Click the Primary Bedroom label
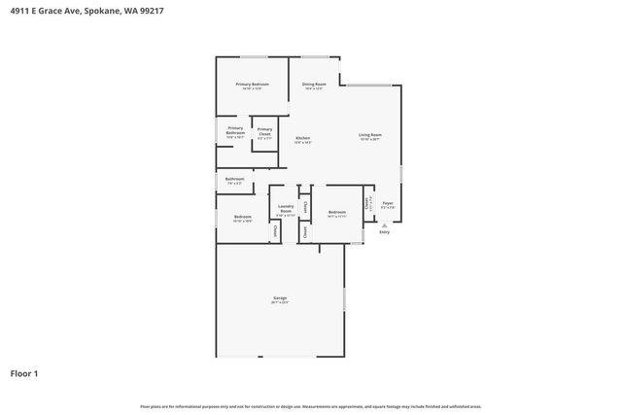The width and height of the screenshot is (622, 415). point(252,85)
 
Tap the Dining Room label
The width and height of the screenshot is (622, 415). point(314,85)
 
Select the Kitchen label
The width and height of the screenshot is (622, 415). point(302,138)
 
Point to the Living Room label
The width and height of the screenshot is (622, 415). point(369,135)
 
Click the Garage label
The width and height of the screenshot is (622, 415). point(279,298)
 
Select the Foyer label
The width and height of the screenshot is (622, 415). point(387,204)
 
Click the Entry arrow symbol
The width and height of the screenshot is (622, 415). point(384,225)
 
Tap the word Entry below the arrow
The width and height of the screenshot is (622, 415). point(384,232)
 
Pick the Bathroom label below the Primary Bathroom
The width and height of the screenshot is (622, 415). point(235,179)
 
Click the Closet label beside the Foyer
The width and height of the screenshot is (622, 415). point(366,203)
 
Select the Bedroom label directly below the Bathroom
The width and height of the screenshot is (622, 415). point(242,217)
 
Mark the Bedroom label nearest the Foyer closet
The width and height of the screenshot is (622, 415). point(337,212)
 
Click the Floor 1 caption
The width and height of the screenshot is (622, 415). point(24,373)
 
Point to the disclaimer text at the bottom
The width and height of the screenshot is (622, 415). point(310,406)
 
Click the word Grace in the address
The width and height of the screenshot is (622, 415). point(53,11)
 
